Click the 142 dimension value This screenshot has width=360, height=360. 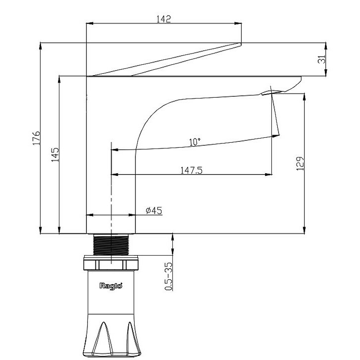coord(164,19)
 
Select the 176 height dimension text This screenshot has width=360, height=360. coord(36,138)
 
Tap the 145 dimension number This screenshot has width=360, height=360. coord(55,155)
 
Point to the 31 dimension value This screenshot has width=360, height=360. coord(323,59)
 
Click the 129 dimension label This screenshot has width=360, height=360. coord(300,164)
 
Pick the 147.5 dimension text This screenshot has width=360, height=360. coord(192,171)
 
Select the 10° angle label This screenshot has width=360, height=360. coord(195,142)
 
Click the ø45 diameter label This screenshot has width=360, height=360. coord(154,210)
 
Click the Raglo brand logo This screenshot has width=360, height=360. coord(111,286)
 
